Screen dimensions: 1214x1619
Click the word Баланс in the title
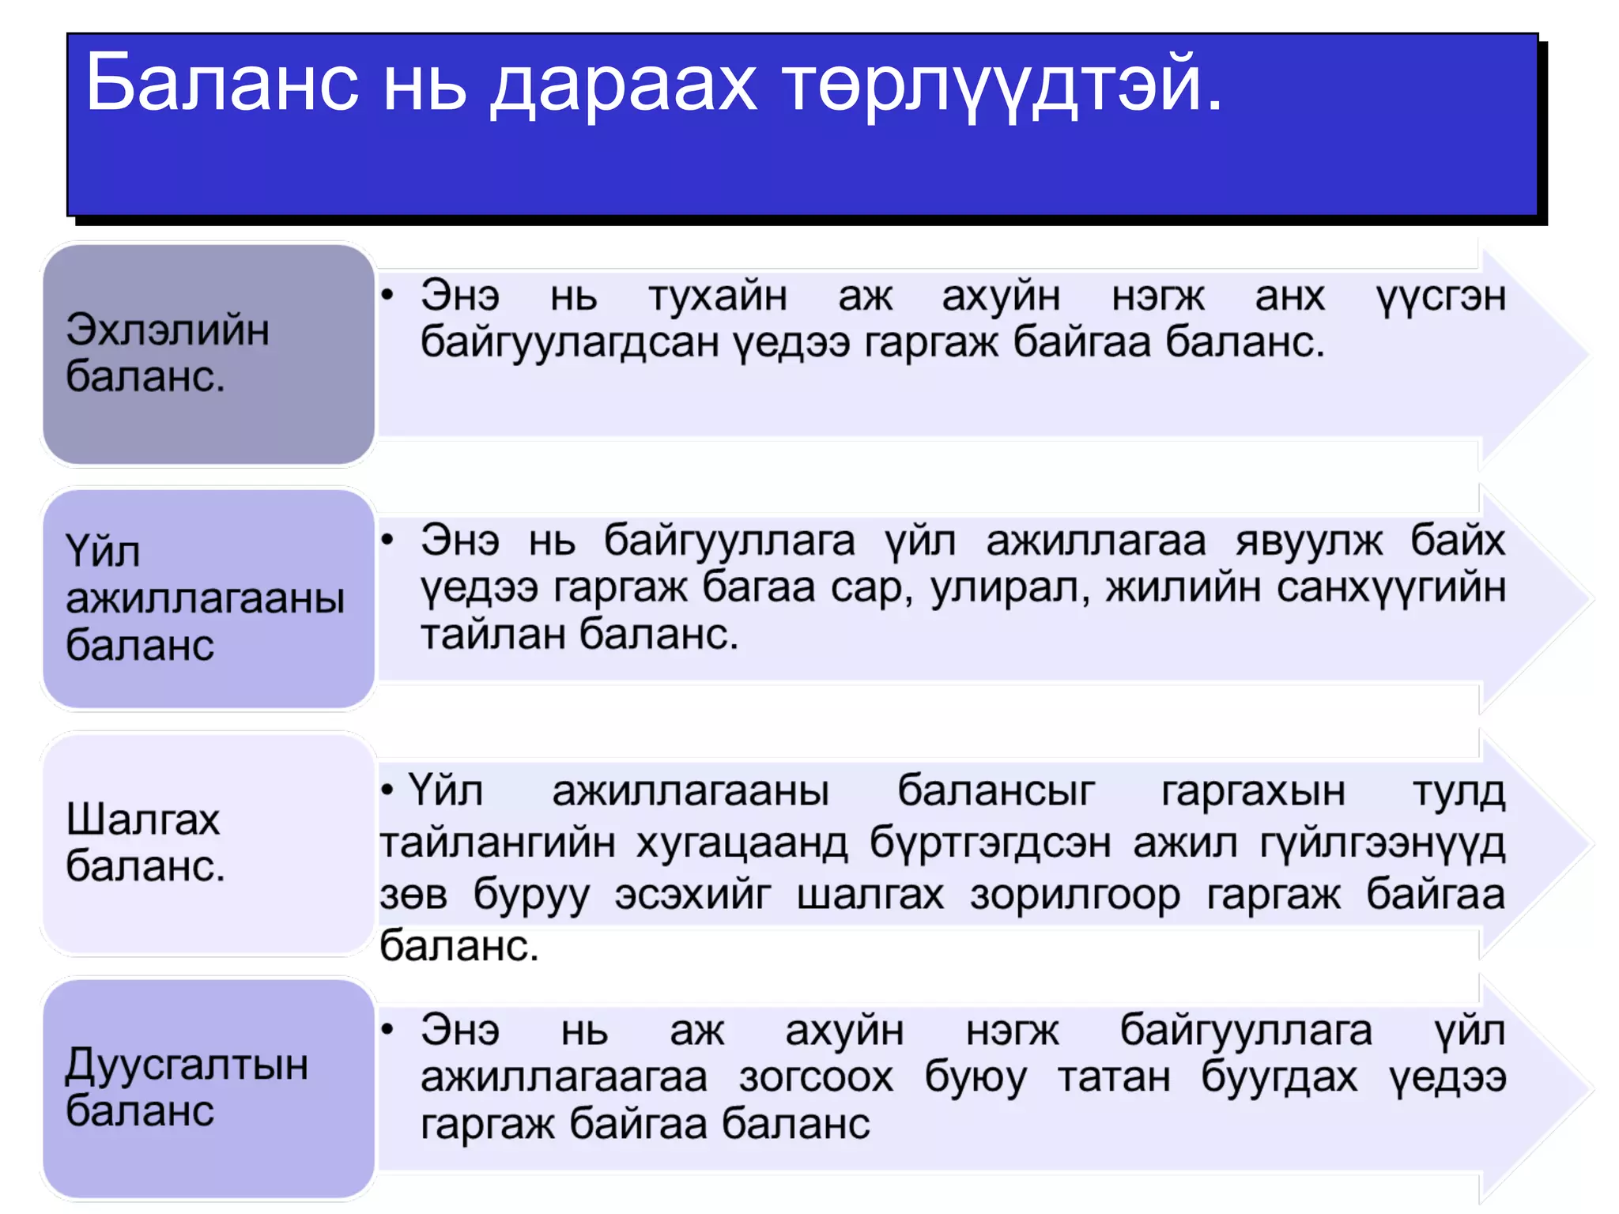click(222, 82)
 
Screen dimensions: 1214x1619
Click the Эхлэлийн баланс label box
click(209, 353)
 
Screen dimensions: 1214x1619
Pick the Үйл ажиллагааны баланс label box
click(209, 598)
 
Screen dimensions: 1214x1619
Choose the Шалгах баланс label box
click(209, 843)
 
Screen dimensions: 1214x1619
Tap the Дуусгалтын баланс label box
click(209, 1088)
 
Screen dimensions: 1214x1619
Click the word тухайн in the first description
click(718, 296)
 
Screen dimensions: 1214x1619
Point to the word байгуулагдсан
click(568, 343)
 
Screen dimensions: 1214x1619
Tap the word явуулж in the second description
click(1309, 541)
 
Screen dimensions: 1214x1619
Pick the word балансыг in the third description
click(996, 791)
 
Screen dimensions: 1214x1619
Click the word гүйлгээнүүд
click(1382, 843)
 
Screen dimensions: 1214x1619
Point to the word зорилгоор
click(1075, 896)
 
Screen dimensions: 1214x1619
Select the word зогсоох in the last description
click(816, 1077)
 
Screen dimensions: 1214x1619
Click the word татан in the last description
click(1114, 1077)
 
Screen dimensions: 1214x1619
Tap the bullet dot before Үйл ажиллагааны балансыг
click(387, 790)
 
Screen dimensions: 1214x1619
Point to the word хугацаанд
click(742, 843)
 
